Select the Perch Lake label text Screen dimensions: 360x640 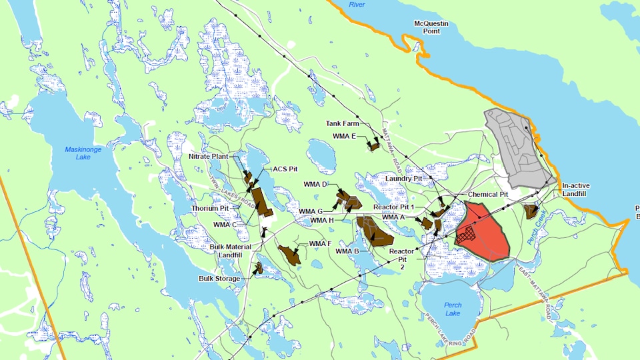(x=453, y=309)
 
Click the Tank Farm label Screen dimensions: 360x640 (x=342, y=124)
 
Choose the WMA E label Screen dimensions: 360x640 (x=345, y=137)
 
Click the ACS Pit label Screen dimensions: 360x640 (x=285, y=169)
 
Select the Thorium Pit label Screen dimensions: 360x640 (x=210, y=208)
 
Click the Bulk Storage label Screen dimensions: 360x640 (x=219, y=279)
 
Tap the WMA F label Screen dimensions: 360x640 (x=320, y=243)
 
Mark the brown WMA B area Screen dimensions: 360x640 (x=375, y=231)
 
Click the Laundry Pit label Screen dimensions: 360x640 (x=405, y=179)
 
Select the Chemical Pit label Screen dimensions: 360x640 (x=488, y=194)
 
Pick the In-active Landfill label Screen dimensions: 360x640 (x=574, y=189)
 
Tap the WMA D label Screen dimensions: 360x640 (x=315, y=184)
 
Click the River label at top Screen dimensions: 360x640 (x=357, y=5)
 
